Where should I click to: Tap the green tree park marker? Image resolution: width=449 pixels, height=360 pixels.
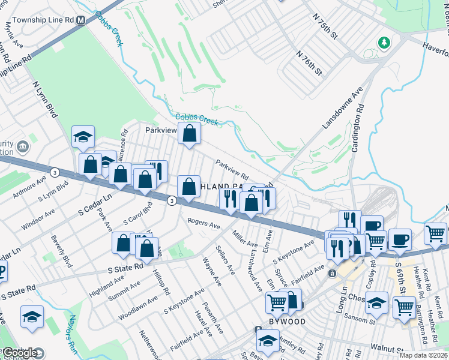click(x=384, y=43)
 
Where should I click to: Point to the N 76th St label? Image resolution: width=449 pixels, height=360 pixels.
click(x=309, y=62)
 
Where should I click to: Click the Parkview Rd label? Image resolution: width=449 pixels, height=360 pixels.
click(x=232, y=170)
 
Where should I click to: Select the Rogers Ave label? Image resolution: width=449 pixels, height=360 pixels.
click(x=204, y=223)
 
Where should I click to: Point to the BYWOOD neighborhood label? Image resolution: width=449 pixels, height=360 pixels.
click(x=286, y=322)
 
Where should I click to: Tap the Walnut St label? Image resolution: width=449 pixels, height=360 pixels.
click(x=387, y=348)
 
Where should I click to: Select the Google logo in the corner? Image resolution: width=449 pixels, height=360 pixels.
click(x=21, y=353)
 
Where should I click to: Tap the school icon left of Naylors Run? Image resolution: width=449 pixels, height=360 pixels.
click(x=32, y=317)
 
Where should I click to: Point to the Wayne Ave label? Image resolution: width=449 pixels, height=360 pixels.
click(x=212, y=271)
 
